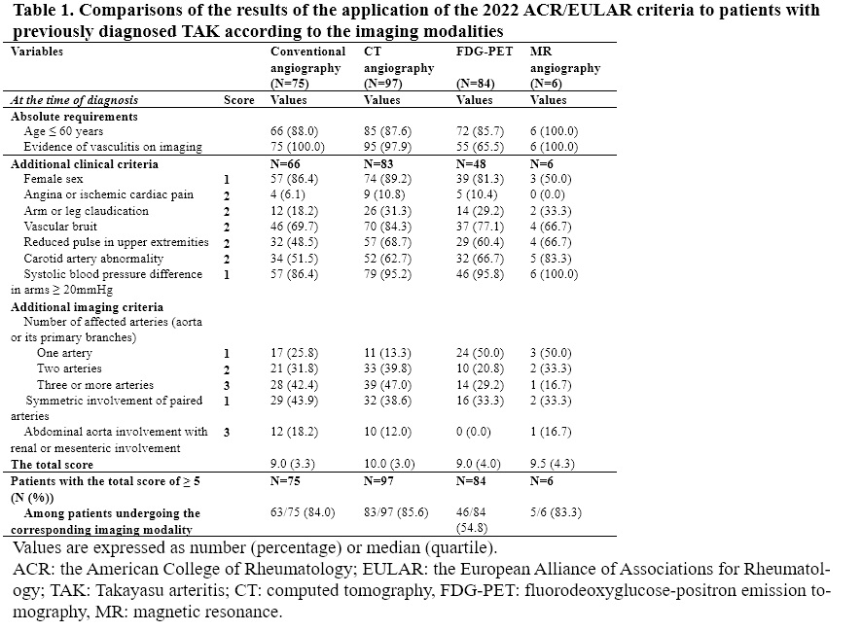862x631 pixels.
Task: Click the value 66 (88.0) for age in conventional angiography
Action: (x=297, y=131)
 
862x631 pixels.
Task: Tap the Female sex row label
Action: (x=54, y=179)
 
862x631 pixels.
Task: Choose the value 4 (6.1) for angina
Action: (x=290, y=194)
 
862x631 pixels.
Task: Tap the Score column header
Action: (x=239, y=100)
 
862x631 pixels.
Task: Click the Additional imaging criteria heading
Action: (x=87, y=306)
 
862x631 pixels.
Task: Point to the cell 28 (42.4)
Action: (x=297, y=385)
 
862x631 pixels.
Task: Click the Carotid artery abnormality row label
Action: (x=87, y=258)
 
